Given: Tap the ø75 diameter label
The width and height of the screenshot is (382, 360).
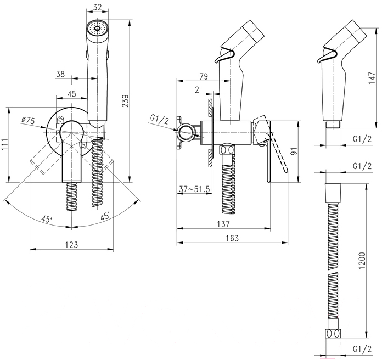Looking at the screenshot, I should tap(28, 121).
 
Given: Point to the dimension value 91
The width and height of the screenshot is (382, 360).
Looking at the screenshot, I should tap(293, 150).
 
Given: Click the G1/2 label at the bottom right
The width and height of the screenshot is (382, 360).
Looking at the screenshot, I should tap(361, 347).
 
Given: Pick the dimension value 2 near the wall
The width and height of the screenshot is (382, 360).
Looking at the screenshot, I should tap(196, 89).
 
